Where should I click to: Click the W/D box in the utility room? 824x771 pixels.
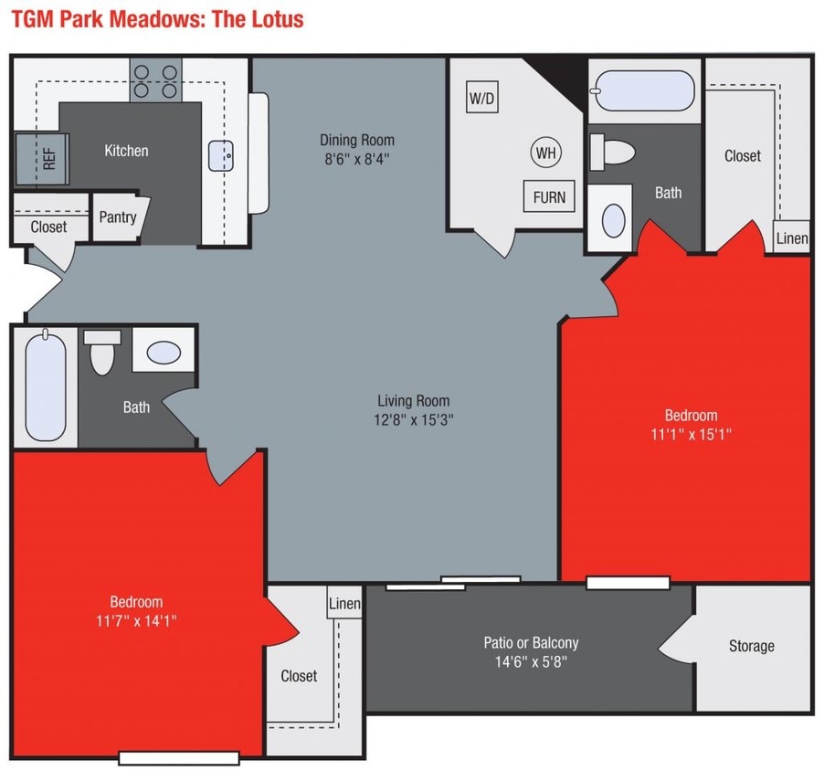481,98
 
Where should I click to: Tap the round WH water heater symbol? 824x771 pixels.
545,152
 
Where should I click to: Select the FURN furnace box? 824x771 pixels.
549,196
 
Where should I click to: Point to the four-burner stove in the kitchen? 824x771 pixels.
155,79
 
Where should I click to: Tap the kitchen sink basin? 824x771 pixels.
222,155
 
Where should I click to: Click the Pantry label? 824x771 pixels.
118,217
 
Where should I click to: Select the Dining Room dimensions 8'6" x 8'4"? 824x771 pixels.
356,157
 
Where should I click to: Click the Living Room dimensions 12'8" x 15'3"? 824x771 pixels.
413,420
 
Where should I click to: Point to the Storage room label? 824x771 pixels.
751,646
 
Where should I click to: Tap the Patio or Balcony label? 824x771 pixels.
531,643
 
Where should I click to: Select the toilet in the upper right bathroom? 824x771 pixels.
611,152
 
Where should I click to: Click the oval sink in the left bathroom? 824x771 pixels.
164,352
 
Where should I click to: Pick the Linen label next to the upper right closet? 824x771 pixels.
791,238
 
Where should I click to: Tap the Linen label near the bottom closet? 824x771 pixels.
343,604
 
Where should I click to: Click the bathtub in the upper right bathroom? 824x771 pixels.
643,90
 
